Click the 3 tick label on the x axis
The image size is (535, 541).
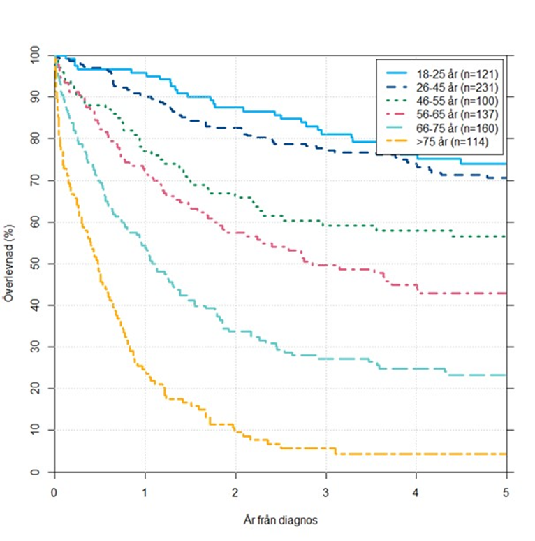326,492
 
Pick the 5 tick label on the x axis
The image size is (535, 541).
506,492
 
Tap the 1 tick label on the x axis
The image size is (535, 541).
145,492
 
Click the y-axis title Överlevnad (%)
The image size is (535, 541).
9,264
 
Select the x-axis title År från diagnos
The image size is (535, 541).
280,521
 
